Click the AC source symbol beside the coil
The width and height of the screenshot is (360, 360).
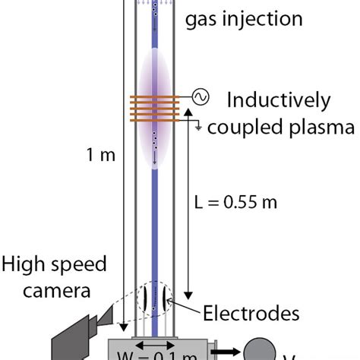coord(202,96)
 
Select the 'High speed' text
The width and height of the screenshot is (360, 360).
coord(53,265)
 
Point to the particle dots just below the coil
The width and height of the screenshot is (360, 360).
coord(155,140)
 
